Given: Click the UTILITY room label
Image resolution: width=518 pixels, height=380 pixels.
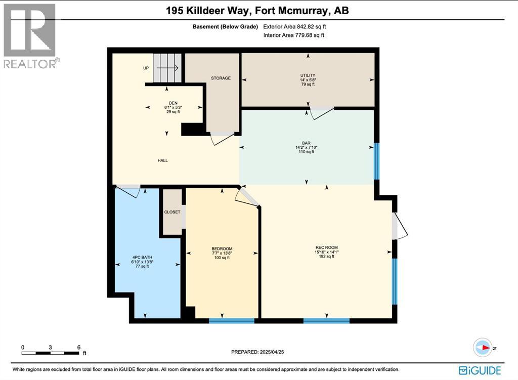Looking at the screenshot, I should point(307,75).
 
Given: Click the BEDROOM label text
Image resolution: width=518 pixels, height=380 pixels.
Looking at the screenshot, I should point(222,248).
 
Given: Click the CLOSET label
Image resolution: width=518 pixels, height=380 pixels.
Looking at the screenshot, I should point(172,212).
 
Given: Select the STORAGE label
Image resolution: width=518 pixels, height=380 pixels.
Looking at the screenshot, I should point(221,78).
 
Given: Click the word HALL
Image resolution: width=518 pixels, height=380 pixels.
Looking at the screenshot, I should point(162,160).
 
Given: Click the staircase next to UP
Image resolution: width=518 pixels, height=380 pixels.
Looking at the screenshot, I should point(167,68).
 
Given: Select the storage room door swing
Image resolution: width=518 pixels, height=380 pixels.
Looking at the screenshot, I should point(222,138).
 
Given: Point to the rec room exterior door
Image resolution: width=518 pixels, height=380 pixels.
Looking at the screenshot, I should point(400,226).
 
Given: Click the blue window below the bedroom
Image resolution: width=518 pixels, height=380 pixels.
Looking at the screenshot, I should point(232,320).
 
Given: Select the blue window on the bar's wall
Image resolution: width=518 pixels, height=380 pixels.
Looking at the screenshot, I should point(376,161).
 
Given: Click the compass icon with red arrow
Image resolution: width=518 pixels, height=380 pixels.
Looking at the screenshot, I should point(482,348).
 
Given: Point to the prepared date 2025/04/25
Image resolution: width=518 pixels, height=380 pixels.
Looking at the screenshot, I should point(261,352).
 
